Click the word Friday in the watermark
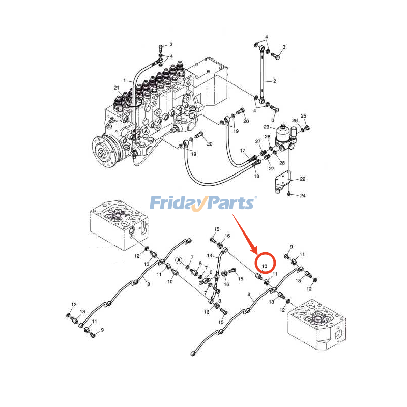click(x=176, y=203)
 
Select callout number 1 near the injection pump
click(x=124, y=80)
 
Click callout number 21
click(x=117, y=89)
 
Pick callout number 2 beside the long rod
click(x=274, y=81)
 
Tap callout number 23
click(x=266, y=127)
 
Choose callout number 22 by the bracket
click(x=302, y=179)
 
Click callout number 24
click(x=302, y=196)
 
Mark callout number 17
click(x=243, y=151)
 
